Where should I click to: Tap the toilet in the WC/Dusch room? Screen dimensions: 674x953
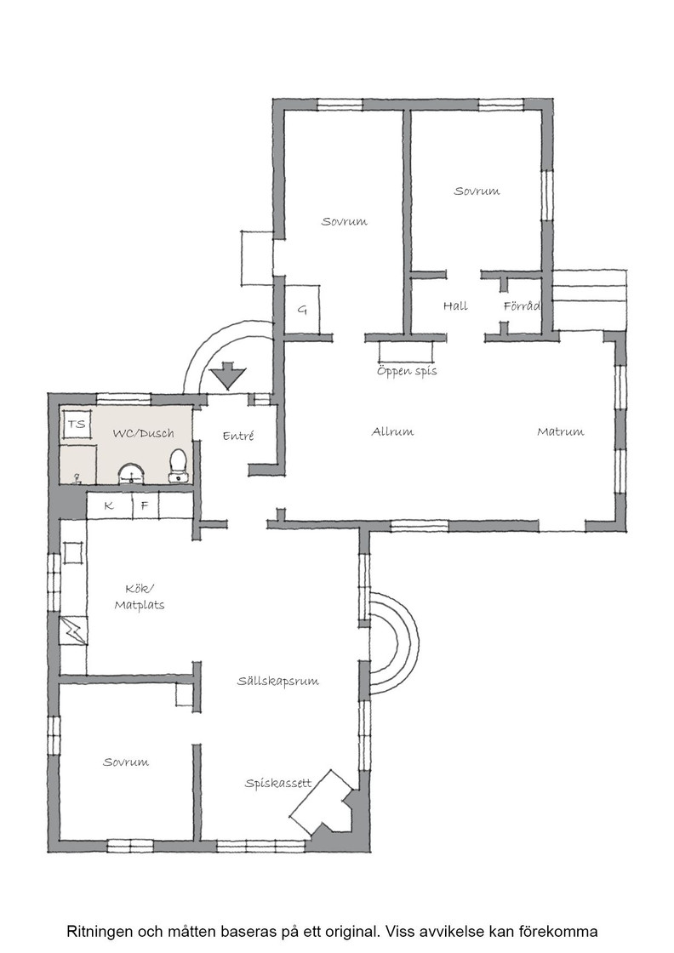pos(178,467)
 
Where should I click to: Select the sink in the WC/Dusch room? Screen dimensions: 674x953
pos(131,474)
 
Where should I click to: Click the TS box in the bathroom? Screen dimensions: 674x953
pos(77,425)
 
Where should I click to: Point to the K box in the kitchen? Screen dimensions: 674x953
pos(110,505)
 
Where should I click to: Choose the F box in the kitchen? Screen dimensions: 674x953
pos(146,505)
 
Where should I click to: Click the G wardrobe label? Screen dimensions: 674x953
pos(302,310)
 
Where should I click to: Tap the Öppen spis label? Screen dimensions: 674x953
pos(407,370)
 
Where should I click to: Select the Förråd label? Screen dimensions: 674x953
pos(522,305)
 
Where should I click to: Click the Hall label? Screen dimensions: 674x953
pos(455,305)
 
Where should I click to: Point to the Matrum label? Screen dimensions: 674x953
pos(560,431)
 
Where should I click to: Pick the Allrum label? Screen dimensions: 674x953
pos(392,431)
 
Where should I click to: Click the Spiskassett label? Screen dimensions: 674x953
pos(278,783)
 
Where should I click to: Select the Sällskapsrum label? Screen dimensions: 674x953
pos(277,681)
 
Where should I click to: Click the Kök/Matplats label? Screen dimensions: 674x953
pos(140,596)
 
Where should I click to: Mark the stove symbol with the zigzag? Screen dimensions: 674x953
pos(73,631)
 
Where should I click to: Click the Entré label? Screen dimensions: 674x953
pos(238,435)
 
